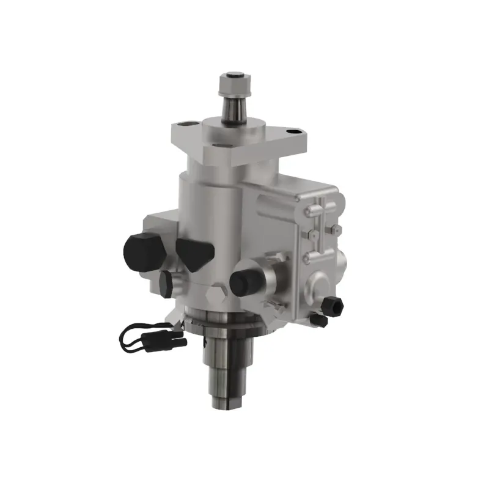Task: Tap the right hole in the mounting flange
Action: [295, 130]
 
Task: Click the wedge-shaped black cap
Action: [194, 252]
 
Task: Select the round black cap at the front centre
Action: [244, 278]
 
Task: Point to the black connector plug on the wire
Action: [174, 340]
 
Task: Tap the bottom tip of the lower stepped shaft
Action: [227, 404]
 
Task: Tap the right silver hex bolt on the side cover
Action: [335, 229]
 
